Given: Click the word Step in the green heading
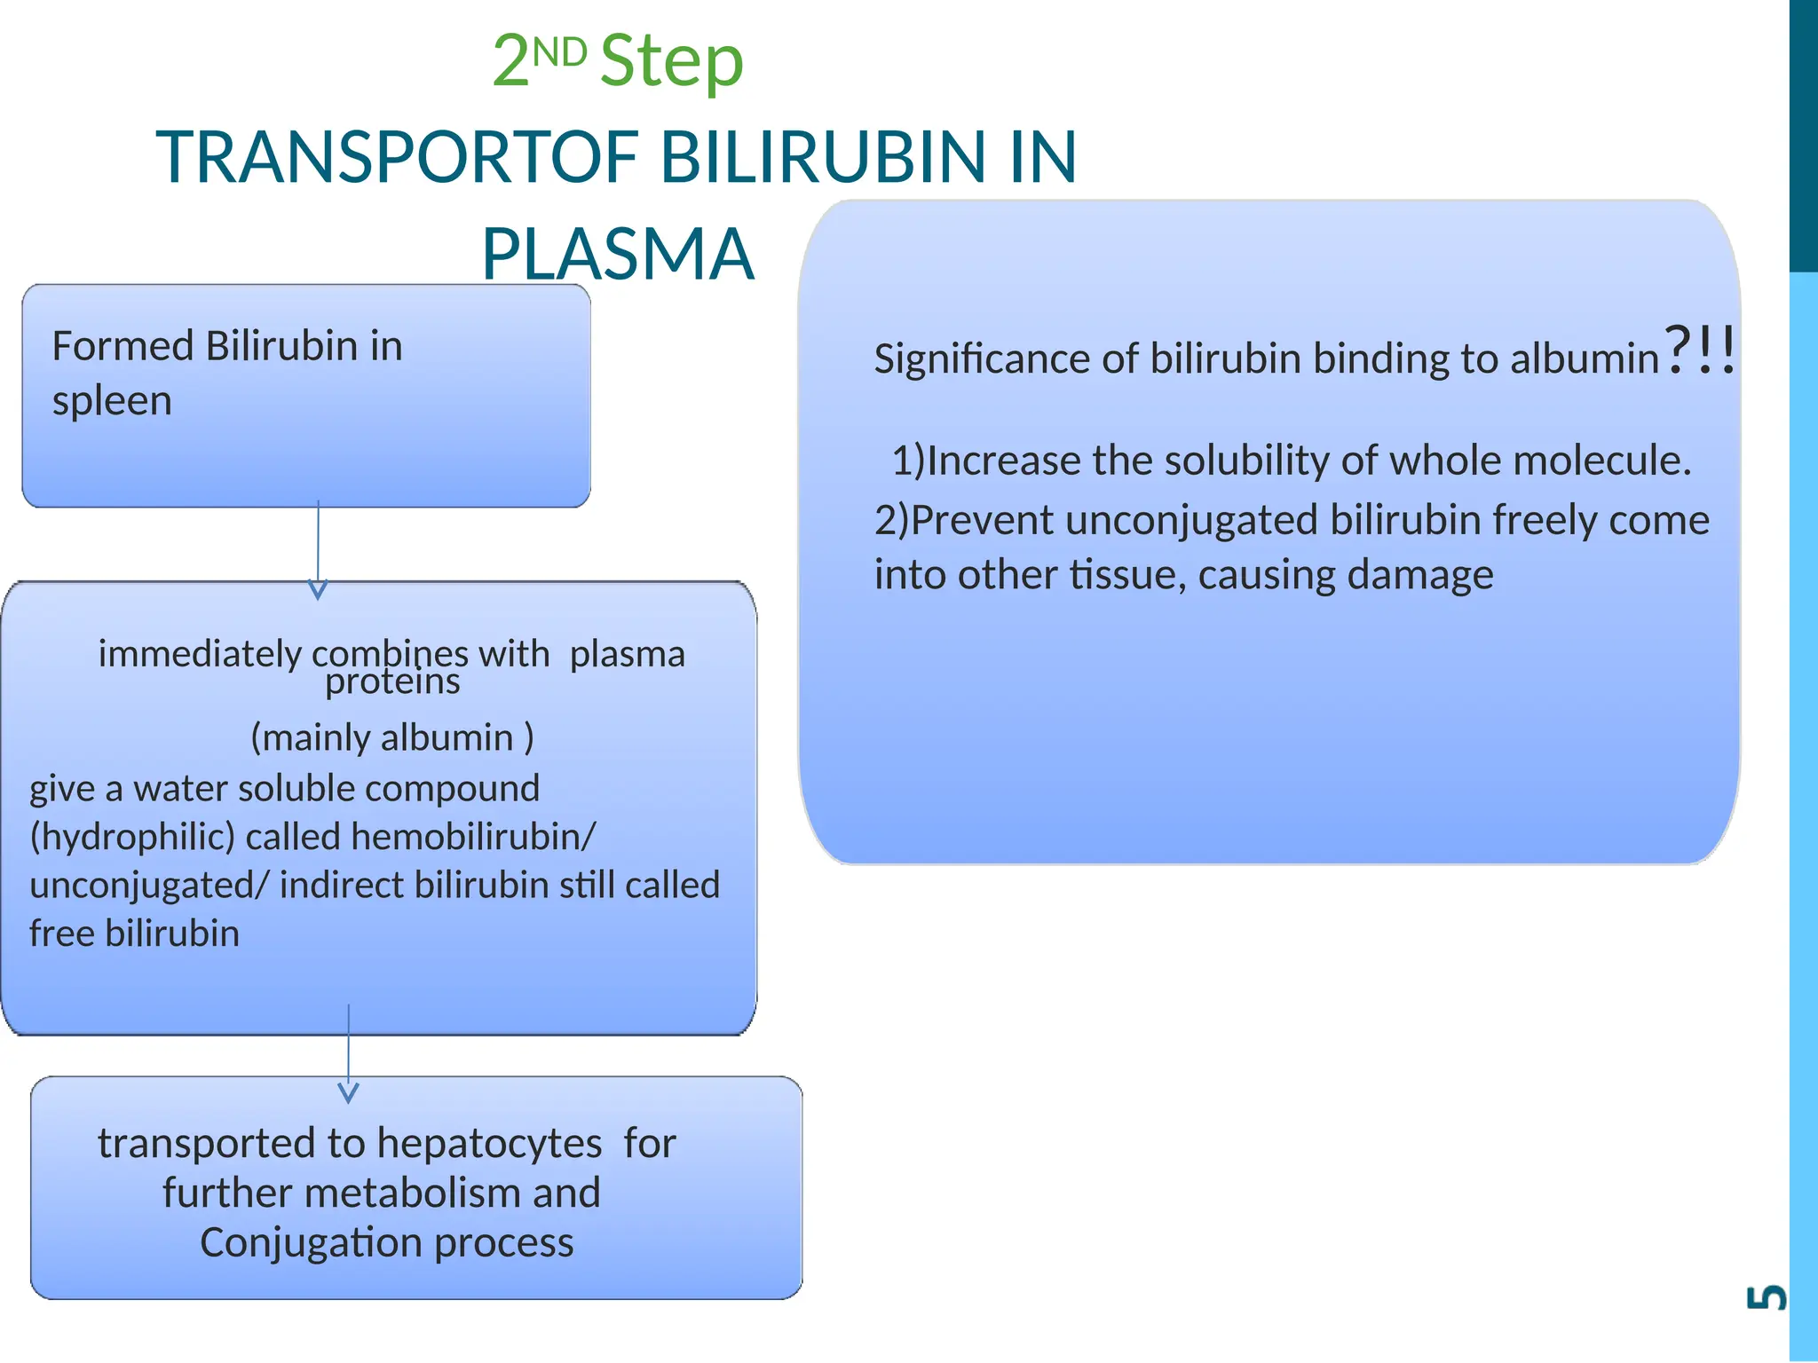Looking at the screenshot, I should click(672, 61).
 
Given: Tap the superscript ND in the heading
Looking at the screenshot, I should click(559, 52).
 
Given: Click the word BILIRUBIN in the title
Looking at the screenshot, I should click(824, 157).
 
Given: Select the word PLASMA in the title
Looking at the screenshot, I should click(618, 254).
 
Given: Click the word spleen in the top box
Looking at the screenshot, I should click(112, 401).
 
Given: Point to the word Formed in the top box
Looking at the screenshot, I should click(123, 346).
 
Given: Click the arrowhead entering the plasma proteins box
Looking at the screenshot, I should click(318, 589).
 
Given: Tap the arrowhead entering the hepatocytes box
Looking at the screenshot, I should click(349, 1092).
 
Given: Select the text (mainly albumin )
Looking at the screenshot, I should click(392, 737).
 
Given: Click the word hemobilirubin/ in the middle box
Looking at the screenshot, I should click(473, 837).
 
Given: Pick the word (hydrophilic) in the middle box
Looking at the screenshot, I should click(132, 837).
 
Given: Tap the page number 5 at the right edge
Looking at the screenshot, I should click(1766, 1297).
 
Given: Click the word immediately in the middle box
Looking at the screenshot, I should click(200, 654).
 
